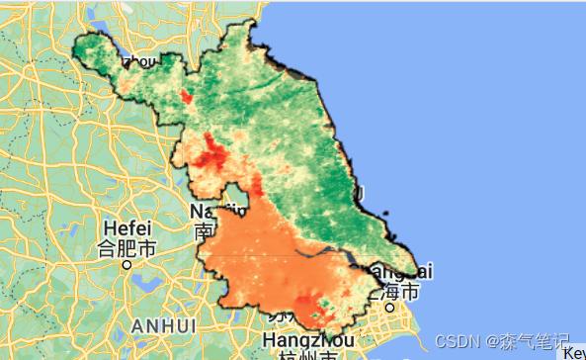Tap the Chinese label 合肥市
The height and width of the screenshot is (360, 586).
click(x=127, y=249)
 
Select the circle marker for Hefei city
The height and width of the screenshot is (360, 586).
click(x=126, y=265)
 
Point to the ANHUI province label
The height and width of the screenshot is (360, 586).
click(x=164, y=323)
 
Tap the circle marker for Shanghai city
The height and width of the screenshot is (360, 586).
click(x=390, y=308)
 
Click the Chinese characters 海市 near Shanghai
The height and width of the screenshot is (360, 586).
click(x=402, y=292)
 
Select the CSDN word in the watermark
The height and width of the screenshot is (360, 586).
click(x=455, y=340)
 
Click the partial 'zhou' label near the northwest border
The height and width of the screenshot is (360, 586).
click(x=138, y=62)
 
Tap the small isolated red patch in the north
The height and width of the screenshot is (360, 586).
click(x=186, y=97)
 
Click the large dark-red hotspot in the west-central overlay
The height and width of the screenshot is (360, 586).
click(x=209, y=156)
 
